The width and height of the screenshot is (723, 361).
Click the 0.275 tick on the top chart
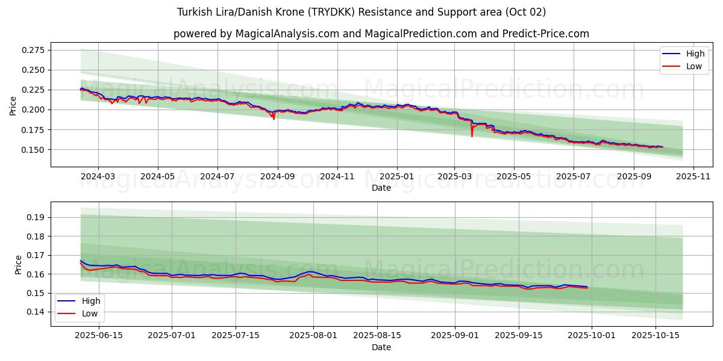[x=33, y=50]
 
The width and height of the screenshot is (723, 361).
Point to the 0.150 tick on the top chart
[x=33, y=149]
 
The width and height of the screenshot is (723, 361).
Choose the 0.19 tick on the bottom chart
[x=37, y=217]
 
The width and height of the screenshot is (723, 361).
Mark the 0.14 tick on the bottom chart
[x=37, y=312]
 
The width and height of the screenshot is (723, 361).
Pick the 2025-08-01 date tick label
[x=313, y=335]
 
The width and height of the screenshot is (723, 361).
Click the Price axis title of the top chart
[x=13, y=105]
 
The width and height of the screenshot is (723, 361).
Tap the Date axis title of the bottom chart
[x=381, y=347]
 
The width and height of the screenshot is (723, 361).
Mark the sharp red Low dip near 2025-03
[x=472, y=136]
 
